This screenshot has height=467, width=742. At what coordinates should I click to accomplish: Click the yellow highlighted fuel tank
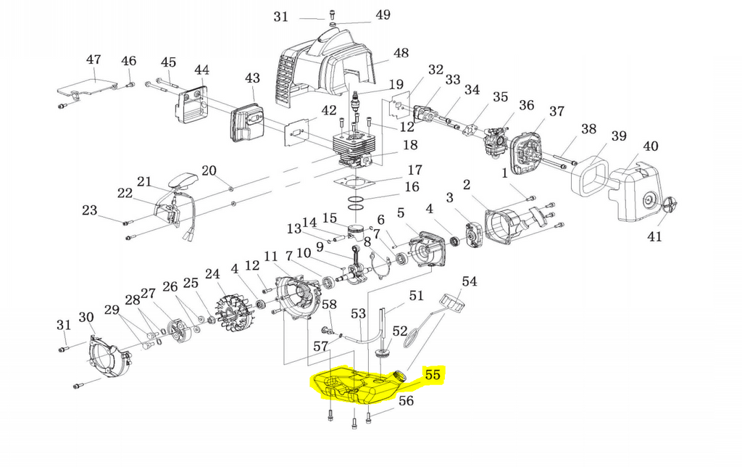[x=359, y=385]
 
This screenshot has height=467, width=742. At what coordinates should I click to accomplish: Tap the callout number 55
[x=433, y=375]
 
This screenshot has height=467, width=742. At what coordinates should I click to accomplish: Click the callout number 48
[x=401, y=53]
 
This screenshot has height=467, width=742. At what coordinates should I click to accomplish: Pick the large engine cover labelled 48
[x=326, y=65]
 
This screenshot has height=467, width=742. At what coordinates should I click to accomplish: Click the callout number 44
[x=202, y=70]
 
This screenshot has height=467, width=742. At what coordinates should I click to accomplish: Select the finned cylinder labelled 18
[x=354, y=149]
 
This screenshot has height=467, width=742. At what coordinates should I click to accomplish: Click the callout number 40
[x=650, y=146]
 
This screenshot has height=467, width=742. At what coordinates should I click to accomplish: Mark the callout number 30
[x=86, y=318]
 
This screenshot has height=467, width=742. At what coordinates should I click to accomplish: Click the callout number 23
[x=89, y=210]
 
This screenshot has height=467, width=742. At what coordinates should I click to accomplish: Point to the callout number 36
[x=526, y=105]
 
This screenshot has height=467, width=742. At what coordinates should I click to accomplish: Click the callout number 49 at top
[x=383, y=15]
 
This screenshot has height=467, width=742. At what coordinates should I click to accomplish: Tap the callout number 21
[x=144, y=182]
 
